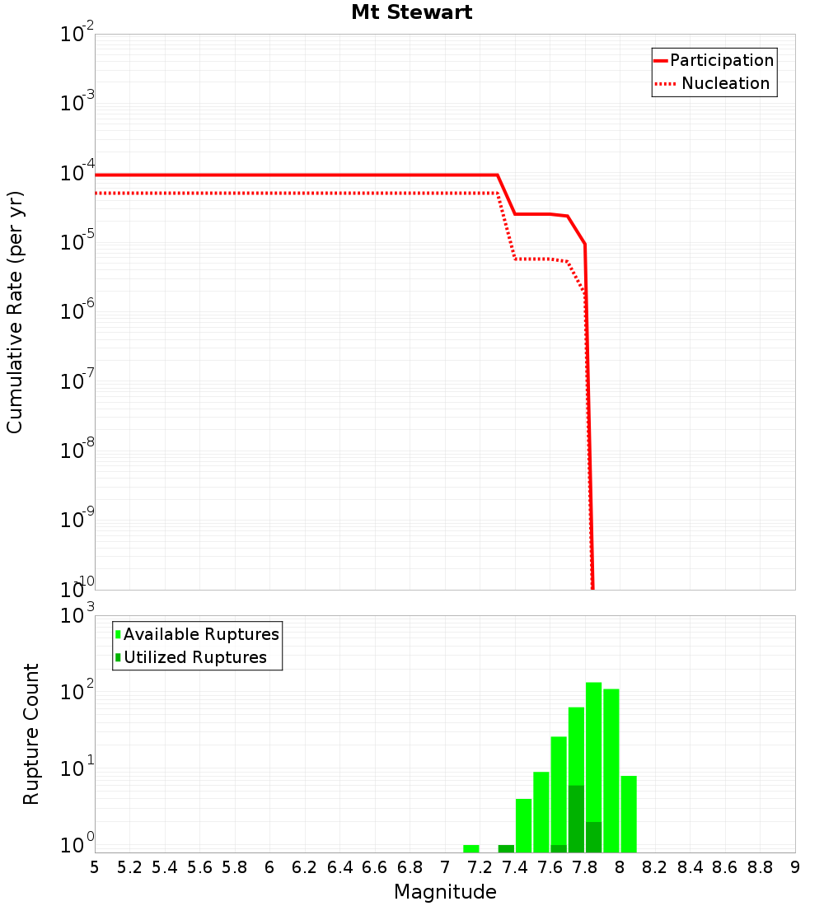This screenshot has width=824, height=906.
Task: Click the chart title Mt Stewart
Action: click(411, 12)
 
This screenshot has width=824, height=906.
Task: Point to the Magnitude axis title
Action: click(445, 892)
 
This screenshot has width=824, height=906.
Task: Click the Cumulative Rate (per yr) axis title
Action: click(15, 311)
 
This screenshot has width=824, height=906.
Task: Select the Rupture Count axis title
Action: click(31, 734)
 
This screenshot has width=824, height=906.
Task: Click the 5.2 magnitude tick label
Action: click(130, 867)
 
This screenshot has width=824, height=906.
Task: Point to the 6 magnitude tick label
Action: click(269, 867)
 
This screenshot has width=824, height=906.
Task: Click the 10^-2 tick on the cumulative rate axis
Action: click(77, 35)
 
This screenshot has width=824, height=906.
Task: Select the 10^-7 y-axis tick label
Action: click(77, 381)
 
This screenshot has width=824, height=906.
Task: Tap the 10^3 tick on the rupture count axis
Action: click(77, 616)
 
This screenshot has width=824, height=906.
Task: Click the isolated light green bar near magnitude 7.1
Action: click(471, 848)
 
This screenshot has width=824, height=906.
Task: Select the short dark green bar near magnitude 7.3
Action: click(506, 848)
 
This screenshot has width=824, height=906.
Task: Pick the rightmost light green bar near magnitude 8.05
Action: click(629, 814)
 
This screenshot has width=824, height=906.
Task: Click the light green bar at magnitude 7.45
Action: click(523, 825)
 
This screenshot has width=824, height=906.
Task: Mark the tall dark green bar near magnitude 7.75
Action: click(576, 819)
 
